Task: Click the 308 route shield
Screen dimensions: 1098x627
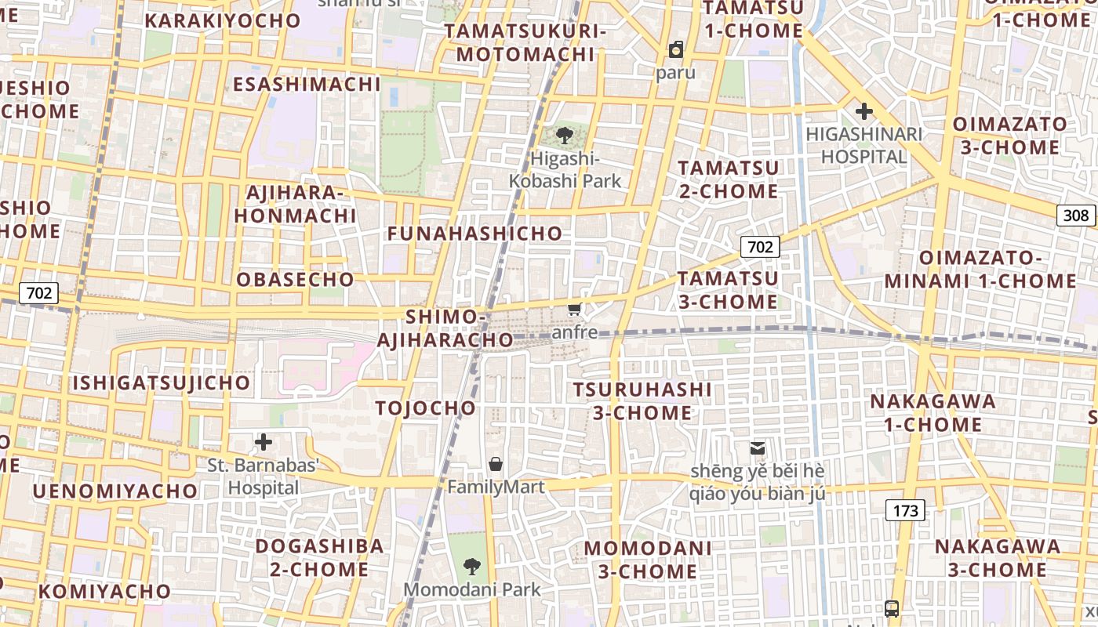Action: (1076, 216)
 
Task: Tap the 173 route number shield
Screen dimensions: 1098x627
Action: (905, 511)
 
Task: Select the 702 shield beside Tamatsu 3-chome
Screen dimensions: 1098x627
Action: (760, 248)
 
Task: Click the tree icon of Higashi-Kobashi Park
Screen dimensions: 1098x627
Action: (564, 136)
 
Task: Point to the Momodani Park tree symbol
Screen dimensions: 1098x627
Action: (471, 566)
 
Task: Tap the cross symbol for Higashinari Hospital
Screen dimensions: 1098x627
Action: (864, 111)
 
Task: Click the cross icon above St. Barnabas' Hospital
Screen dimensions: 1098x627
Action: (264, 442)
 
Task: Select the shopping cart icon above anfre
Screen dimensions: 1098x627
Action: (575, 310)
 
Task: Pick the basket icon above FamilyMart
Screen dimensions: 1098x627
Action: (496, 464)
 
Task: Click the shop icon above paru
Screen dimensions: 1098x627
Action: (676, 50)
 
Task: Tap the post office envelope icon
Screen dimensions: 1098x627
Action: (758, 448)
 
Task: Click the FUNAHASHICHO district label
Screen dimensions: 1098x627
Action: (474, 234)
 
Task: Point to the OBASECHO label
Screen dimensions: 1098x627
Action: (296, 280)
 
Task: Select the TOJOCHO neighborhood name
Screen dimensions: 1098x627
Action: (426, 408)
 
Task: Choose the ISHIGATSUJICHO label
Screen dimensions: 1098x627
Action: (162, 383)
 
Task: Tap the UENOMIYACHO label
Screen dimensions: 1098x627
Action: (115, 491)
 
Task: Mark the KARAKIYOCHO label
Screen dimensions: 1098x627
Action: (223, 21)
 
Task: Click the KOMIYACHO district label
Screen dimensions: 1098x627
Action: (104, 592)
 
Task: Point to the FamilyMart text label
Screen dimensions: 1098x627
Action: (496, 487)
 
